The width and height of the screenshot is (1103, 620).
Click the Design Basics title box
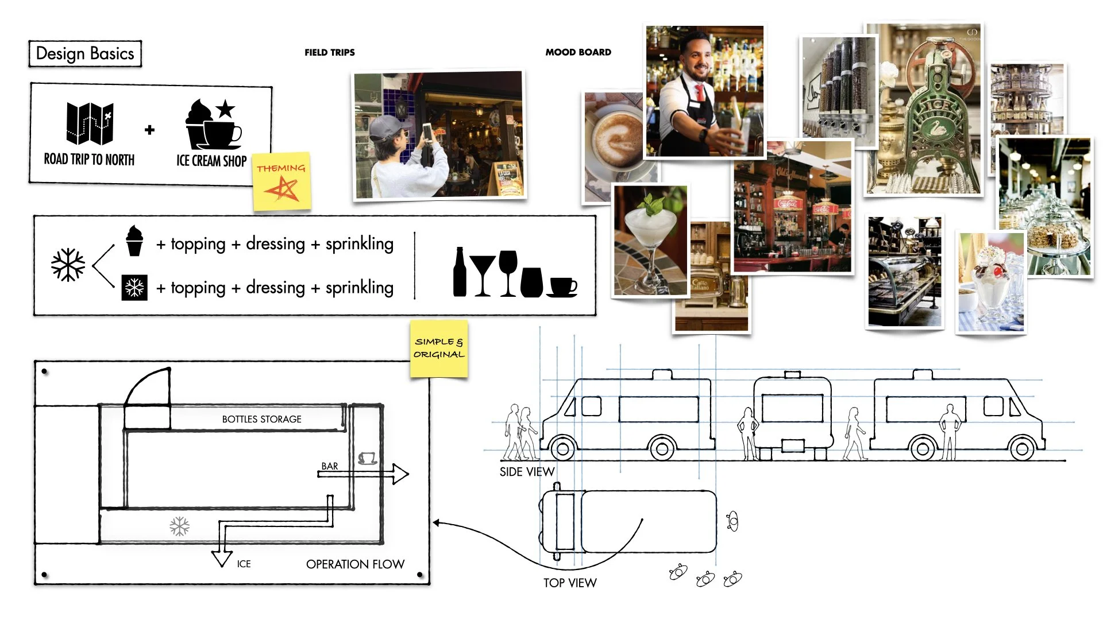pos(85,53)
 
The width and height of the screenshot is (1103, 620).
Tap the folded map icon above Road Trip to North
pos(90,123)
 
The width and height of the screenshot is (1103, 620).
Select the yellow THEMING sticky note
pos(281,180)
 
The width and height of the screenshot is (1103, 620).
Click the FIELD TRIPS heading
pos(329,52)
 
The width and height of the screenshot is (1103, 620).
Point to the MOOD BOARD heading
pos(578,52)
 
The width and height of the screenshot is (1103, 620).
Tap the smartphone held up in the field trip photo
pos(427,133)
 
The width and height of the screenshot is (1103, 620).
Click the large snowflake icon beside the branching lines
pos(68,265)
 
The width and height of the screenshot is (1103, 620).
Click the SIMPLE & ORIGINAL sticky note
pos(439,348)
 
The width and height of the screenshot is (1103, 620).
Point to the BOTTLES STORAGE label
pos(261,419)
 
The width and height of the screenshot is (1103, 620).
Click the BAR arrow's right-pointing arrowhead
pos(400,474)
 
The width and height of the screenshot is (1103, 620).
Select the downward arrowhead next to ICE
pos(222,559)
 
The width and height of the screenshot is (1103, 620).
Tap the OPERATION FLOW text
pos(355,564)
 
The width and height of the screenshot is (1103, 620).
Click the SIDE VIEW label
pos(527,472)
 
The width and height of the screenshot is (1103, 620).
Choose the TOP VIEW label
pos(570,583)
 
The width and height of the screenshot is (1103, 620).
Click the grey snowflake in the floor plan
pos(179,526)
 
